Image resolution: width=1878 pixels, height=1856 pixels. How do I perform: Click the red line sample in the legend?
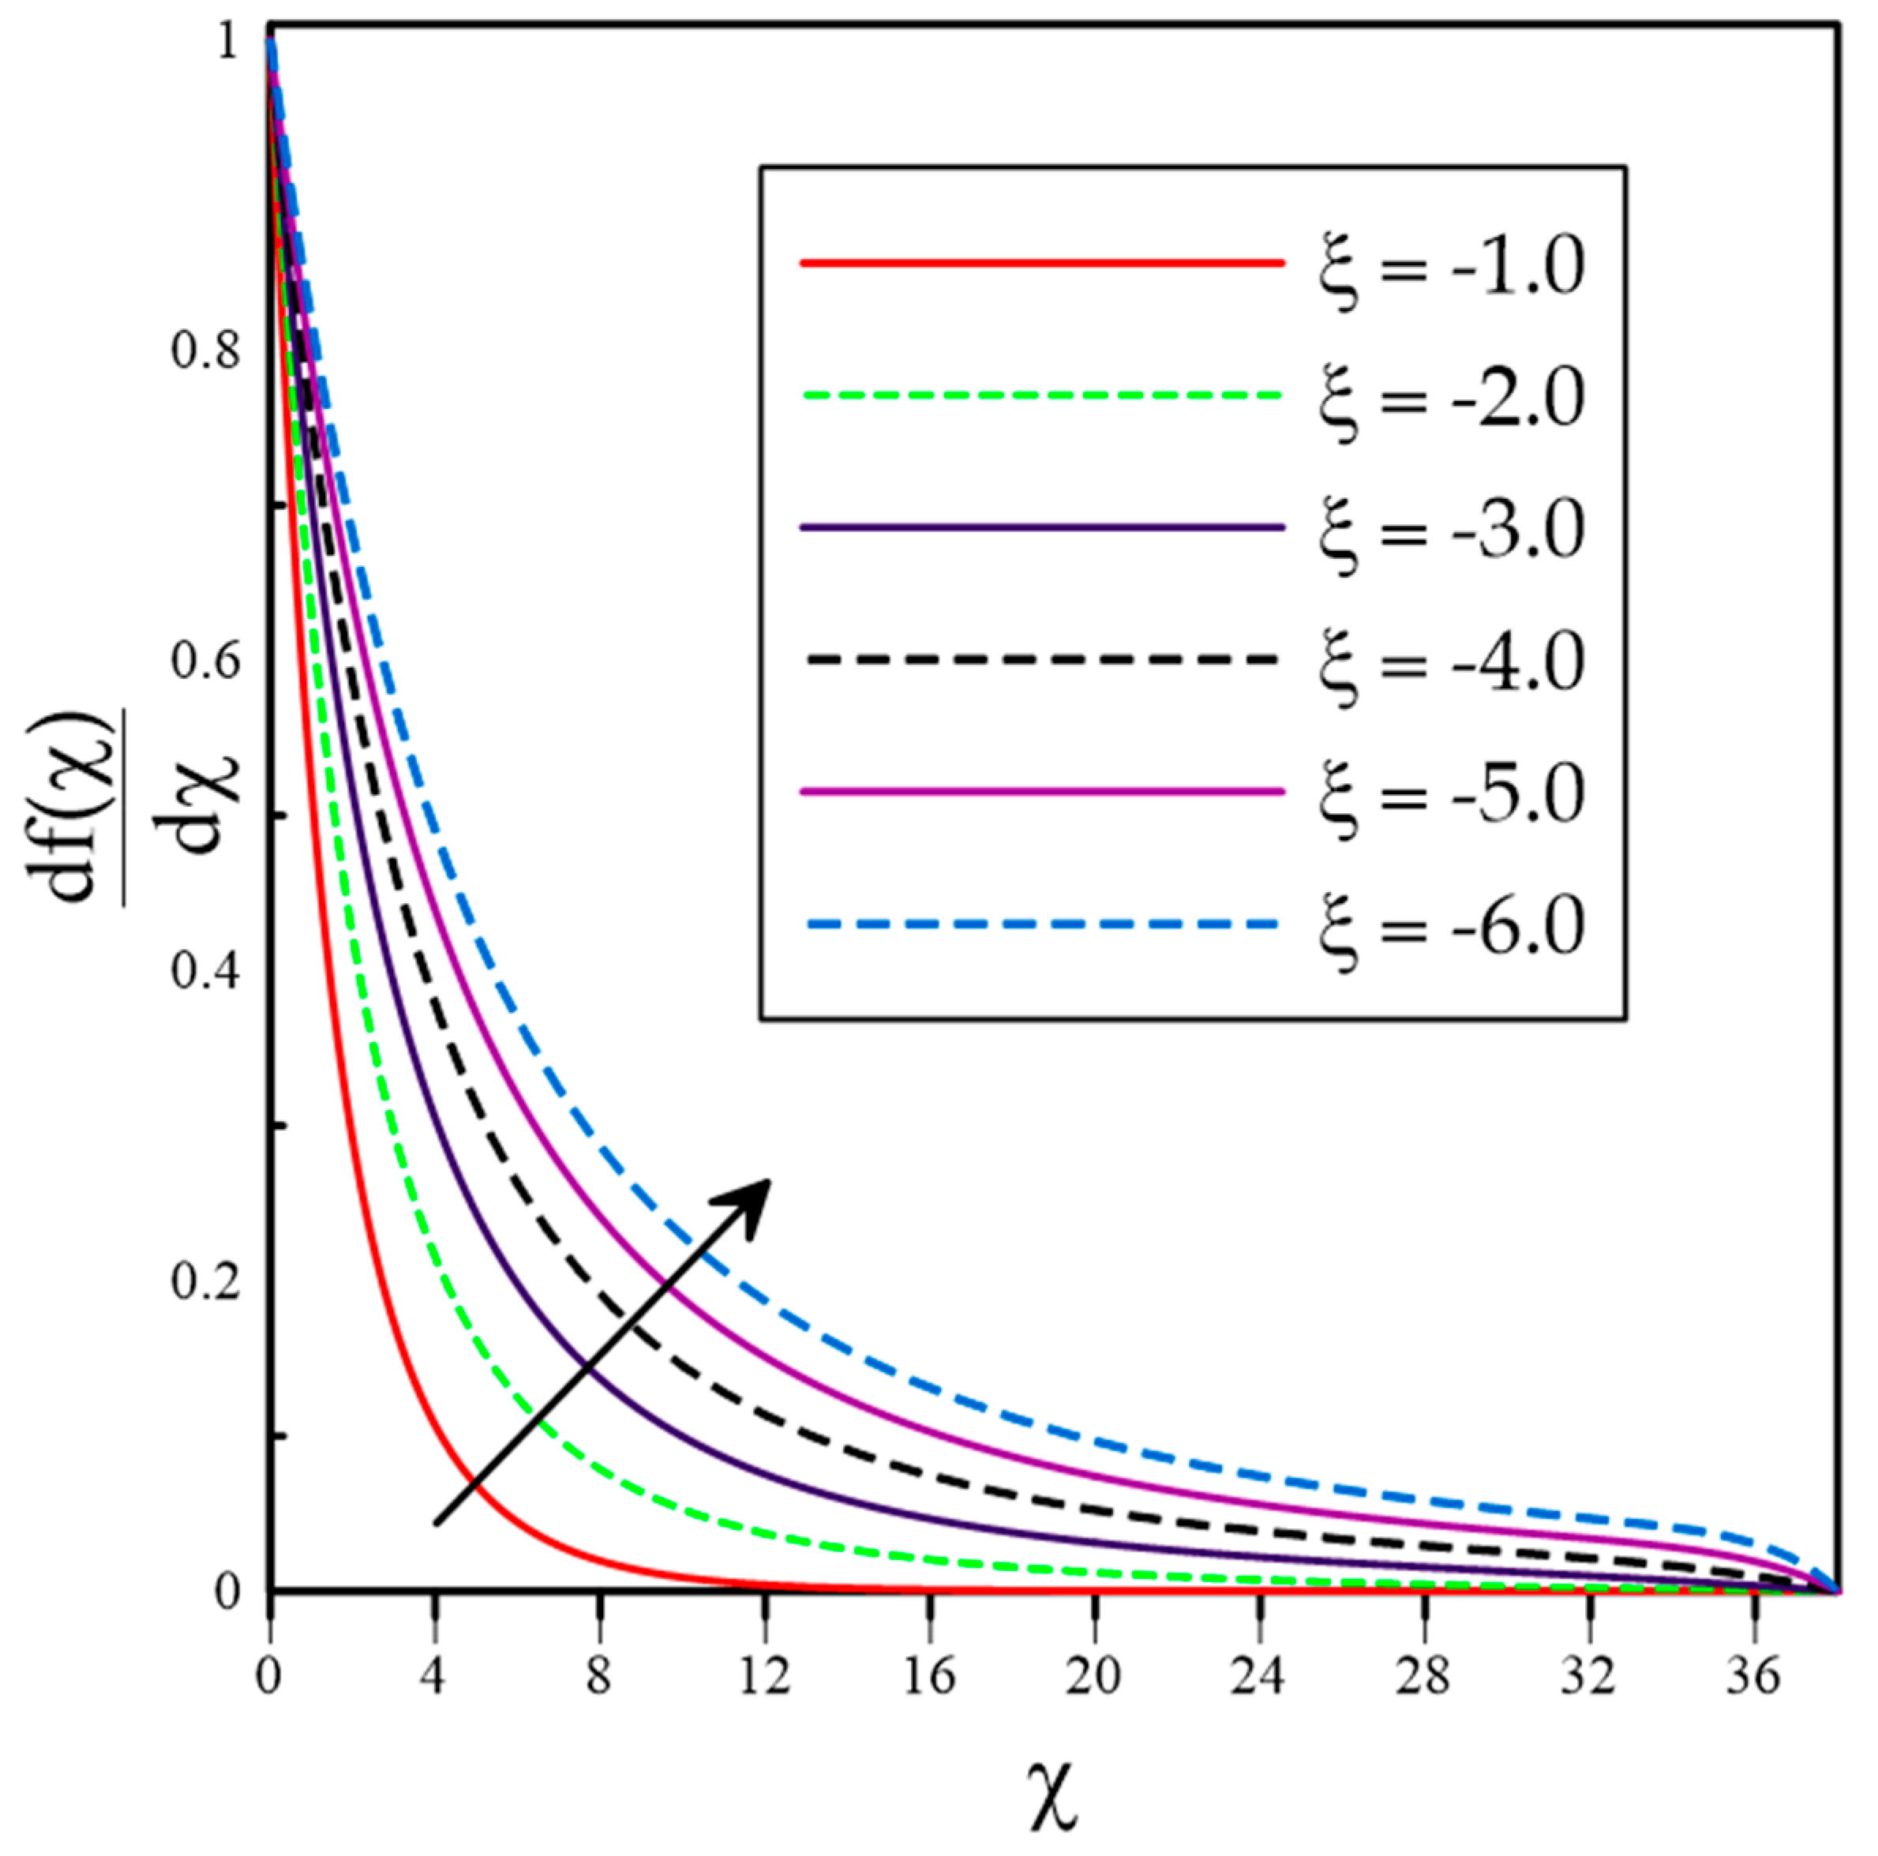tap(1042, 263)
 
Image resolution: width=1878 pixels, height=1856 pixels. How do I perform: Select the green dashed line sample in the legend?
tap(1042, 396)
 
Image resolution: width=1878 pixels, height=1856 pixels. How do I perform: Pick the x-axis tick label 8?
tap(599, 1676)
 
